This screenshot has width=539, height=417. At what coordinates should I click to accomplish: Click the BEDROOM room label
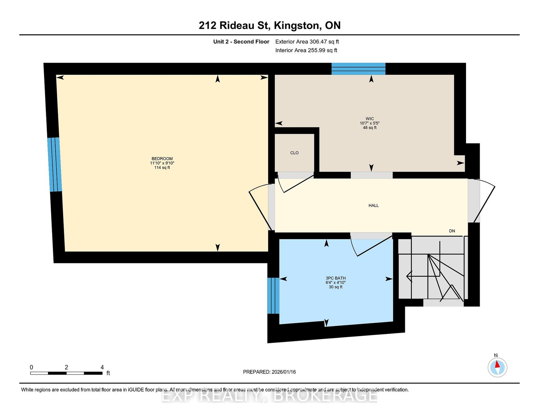click(162, 158)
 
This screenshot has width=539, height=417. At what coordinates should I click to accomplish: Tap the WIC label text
click(370, 119)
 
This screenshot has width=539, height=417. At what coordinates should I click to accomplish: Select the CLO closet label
click(295, 153)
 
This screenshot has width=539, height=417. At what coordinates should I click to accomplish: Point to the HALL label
click(374, 205)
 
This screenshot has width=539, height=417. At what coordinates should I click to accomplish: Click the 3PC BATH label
click(335, 278)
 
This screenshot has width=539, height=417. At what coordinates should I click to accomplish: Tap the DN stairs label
click(452, 231)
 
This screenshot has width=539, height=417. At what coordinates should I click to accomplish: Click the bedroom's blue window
click(55, 164)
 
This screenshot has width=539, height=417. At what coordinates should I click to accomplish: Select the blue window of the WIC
click(358, 69)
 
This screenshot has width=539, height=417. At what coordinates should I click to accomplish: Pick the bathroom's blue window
click(273, 296)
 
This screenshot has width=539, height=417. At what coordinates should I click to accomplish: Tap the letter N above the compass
click(496, 355)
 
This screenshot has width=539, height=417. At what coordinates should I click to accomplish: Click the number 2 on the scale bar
click(66, 367)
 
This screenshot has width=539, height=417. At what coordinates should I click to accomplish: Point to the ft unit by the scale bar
click(108, 373)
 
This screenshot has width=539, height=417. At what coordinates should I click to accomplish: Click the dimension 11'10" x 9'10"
click(162, 163)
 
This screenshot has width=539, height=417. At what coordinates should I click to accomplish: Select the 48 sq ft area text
click(370, 128)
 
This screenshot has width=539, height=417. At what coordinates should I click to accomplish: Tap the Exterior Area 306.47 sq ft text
click(307, 42)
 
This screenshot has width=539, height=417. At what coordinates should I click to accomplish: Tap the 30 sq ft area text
click(335, 287)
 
